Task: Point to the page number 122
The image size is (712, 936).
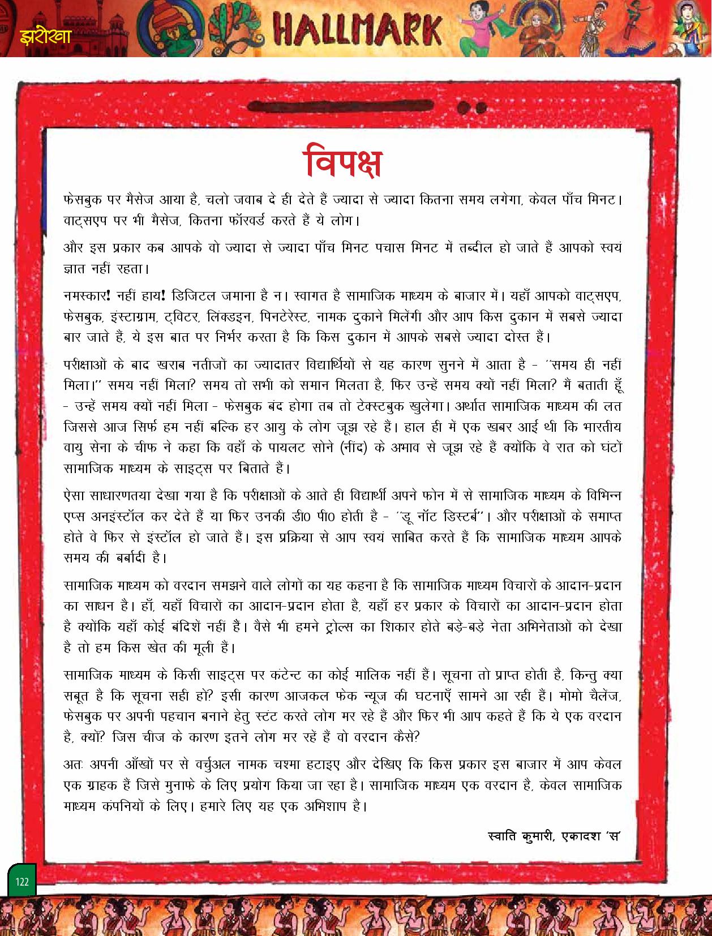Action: pos(22,882)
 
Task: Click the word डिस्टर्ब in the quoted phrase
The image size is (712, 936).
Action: pos(456,517)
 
